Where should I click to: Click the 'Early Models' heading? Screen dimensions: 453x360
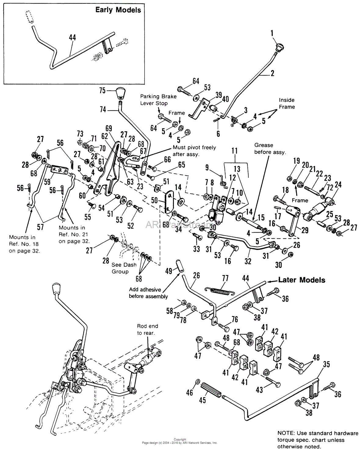118,10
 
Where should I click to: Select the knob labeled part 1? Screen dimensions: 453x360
279,47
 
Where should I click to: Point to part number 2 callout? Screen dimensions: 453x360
272,73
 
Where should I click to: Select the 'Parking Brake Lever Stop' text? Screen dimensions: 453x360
158,100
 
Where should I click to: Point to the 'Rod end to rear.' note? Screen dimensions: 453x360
147,330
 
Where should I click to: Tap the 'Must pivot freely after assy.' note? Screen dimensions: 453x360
194,151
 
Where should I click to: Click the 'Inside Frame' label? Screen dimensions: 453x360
286,103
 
